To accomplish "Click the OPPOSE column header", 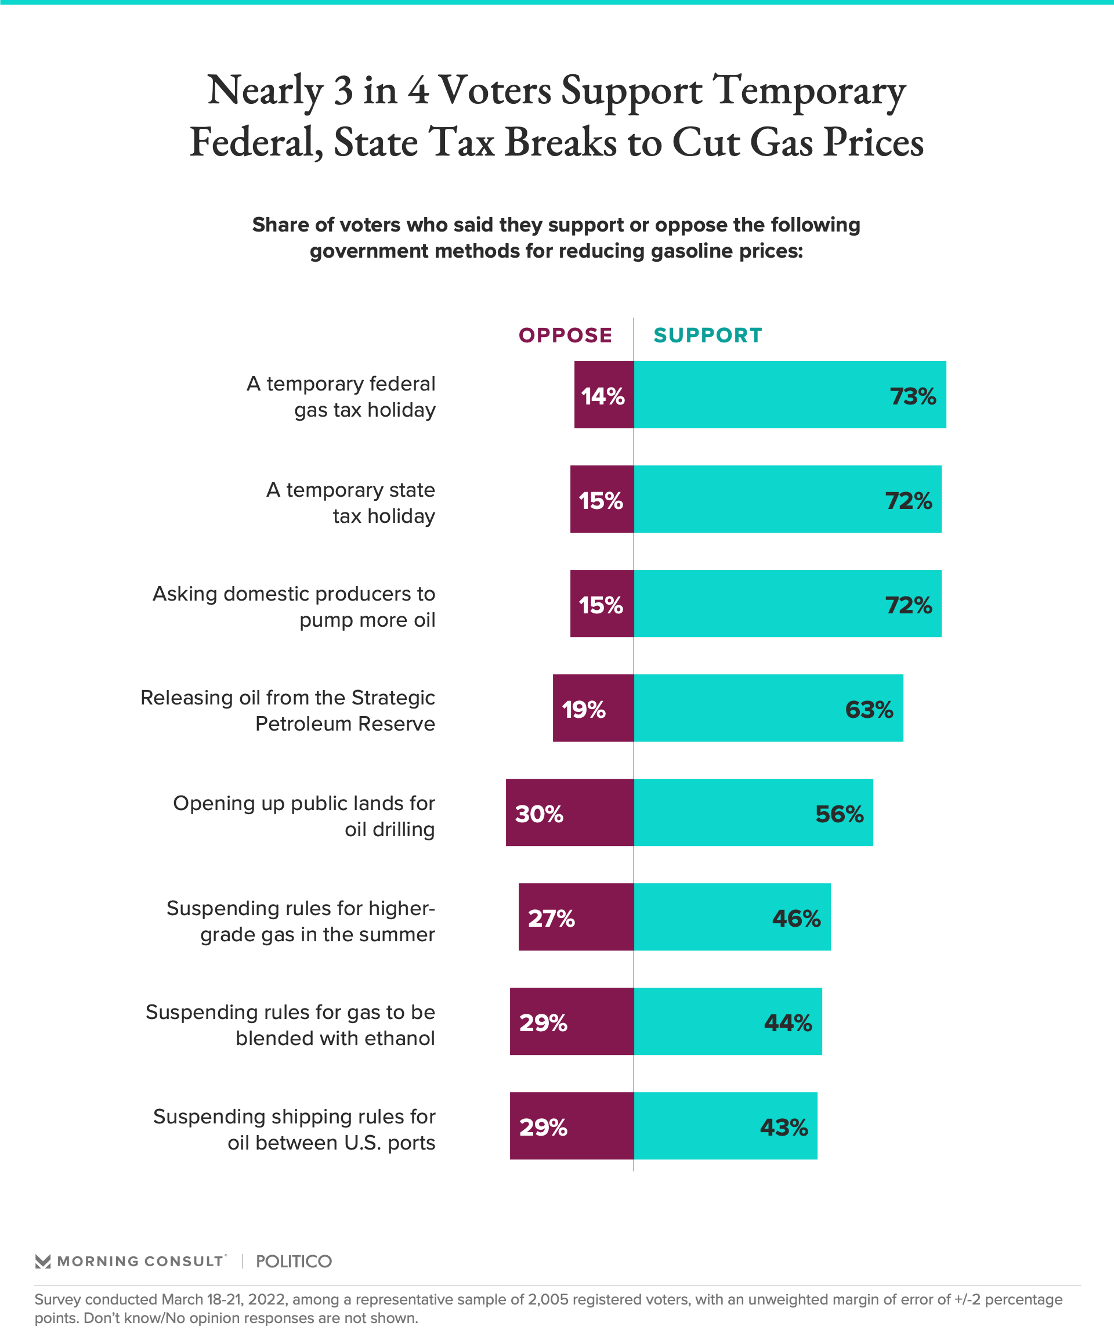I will [565, 335].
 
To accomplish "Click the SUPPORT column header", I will [707, 335].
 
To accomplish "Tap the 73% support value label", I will [913, 397].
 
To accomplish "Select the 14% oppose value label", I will [603, 397].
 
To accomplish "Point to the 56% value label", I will [839, 814].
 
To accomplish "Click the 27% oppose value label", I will [551, 919].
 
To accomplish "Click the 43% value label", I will [784, 1128].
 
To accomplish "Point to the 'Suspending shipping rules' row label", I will [294, 1129].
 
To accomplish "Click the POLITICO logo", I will [294, 1261].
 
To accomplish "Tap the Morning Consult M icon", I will [43, 1261].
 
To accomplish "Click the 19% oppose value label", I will [583, 710].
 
